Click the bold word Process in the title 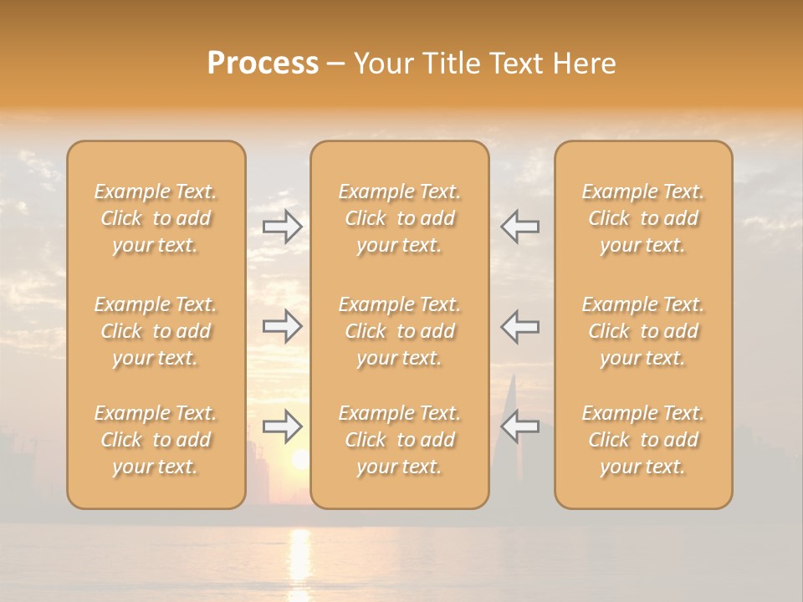click(x=263, y=64)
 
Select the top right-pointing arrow click(x=282, y=226)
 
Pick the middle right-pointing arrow click(x=282, y=326)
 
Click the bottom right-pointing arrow click(x=282, y=426)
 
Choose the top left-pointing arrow click(x=520, y=226)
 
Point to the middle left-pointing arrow click(x=520, y=326)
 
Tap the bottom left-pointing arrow click(x=520, y=426)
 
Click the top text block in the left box click(x=156, y=218)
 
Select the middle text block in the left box click(x=156, y=331)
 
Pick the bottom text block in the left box click(x=156, y=440)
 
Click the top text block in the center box click(x=400, y=218)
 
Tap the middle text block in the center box click(x=400, y=331)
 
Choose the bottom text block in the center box click(x=400, y=440)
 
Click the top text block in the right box click(x=643, y=218)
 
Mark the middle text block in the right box click(x=643, y=331)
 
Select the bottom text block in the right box click(x=643, y=440)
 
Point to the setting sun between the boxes click(x=299, y=459)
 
